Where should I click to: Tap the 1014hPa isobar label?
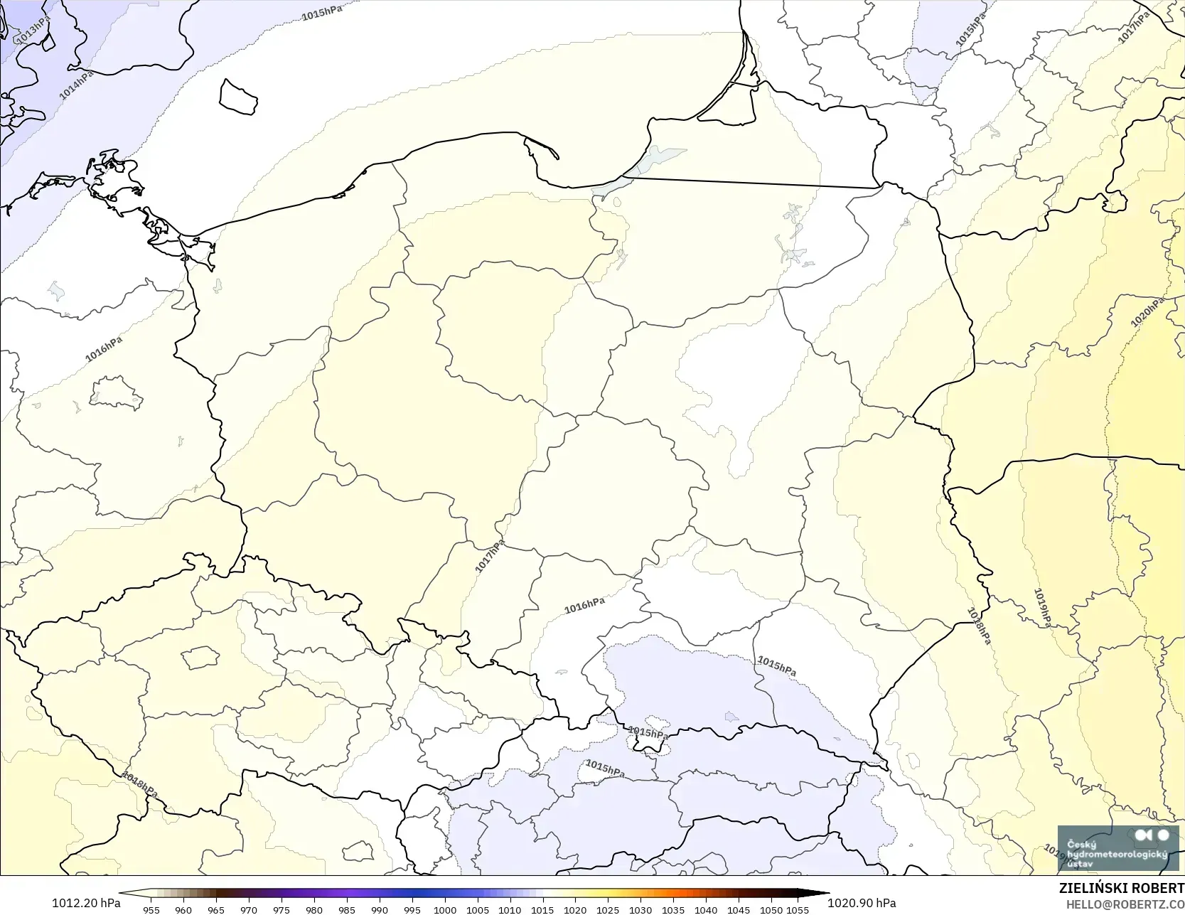pyautogui.click(x=76, y=85)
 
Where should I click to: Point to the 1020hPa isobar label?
pyautogui.click(x=1147, y=312)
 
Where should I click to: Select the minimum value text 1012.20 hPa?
pyautogui.click(x=86, y=903)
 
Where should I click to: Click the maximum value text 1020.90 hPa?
pyautogui.click(x=862, y=903)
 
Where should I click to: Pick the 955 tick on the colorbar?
pyautogui.click(x=151, y=909)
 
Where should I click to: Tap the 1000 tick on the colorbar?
pyautogui.click(x=445, y=909)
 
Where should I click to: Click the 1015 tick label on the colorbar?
pyautogui.click(x=542, y=909)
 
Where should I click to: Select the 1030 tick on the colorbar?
pyautogui.click(x=640, y=909)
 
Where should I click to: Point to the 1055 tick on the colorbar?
pyautogui.click(x=798, y=909)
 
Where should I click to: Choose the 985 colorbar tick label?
pyautogui.click(x=347, y=909)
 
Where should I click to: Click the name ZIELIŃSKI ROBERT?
pyautogui.click(x=1121, y=889)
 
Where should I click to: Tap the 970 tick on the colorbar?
pyautogui.click(x=249, y=909)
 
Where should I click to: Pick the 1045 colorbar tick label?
pyautogui.click(x=739, y=909)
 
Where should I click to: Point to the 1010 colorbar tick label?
pyautogui.click(x=510, y=909)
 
